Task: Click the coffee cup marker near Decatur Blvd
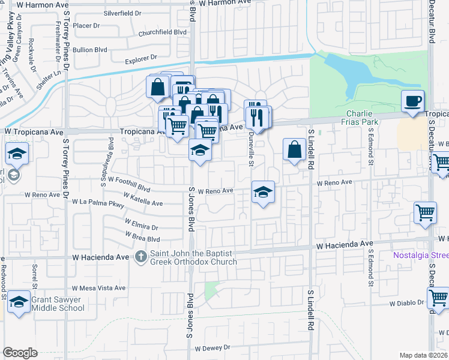coord(412,101)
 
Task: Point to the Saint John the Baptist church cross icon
coord(140,257)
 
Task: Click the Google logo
coord(20,353)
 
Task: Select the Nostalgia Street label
coord(421,255)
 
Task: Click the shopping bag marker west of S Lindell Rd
coord(294,151)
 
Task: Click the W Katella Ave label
coord(143,200)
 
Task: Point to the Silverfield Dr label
coord(122,12)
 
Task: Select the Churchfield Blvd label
coord(158,34)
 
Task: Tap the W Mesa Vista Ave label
coord(98,288)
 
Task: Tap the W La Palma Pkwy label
coord(97,204)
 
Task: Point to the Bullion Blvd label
coord(90,50)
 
